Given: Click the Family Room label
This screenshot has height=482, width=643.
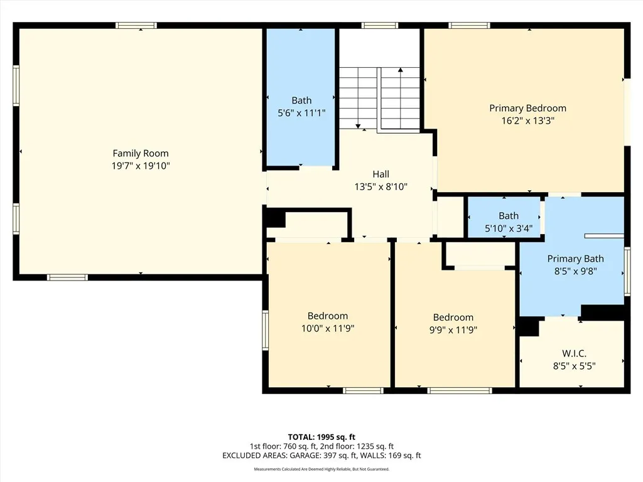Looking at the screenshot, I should pyautogui.click(x=140, y=153).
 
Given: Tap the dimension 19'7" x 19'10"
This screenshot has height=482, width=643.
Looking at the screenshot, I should pyautogui.click(x=140, y=166).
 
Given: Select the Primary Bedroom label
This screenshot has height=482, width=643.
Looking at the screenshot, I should pyautogui.click(x=527, y=108).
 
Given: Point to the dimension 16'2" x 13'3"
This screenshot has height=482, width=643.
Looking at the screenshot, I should pyautogui.click(x=527, y=121).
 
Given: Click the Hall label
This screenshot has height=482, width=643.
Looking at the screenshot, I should pyautogui.click(x=381, y=174).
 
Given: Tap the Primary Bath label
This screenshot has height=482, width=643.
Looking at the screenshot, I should pyautogui.click(x=575, y=259).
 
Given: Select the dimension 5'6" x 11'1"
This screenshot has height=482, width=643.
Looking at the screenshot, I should pyautogui.click(x=301, y=114).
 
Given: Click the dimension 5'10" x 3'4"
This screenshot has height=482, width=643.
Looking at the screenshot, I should pyautogui.click(x=508, y=228).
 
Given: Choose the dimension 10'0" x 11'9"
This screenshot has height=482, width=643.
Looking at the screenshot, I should pyautogui.click(x=327, y=328).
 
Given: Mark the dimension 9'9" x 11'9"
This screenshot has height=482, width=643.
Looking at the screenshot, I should pyautogui.click(x=453, y=329).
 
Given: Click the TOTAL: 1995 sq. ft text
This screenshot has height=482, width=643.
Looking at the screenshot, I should pyautogui.click(x=321, y=437).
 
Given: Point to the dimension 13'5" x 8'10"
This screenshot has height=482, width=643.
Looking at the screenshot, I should pyautogui.click(x=381, y=187).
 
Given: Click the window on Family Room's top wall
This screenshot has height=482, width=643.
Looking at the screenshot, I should pyautogui.click(x=136, y=26).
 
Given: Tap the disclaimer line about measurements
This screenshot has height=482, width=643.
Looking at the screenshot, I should pyautogui.click(x=321, y=469).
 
